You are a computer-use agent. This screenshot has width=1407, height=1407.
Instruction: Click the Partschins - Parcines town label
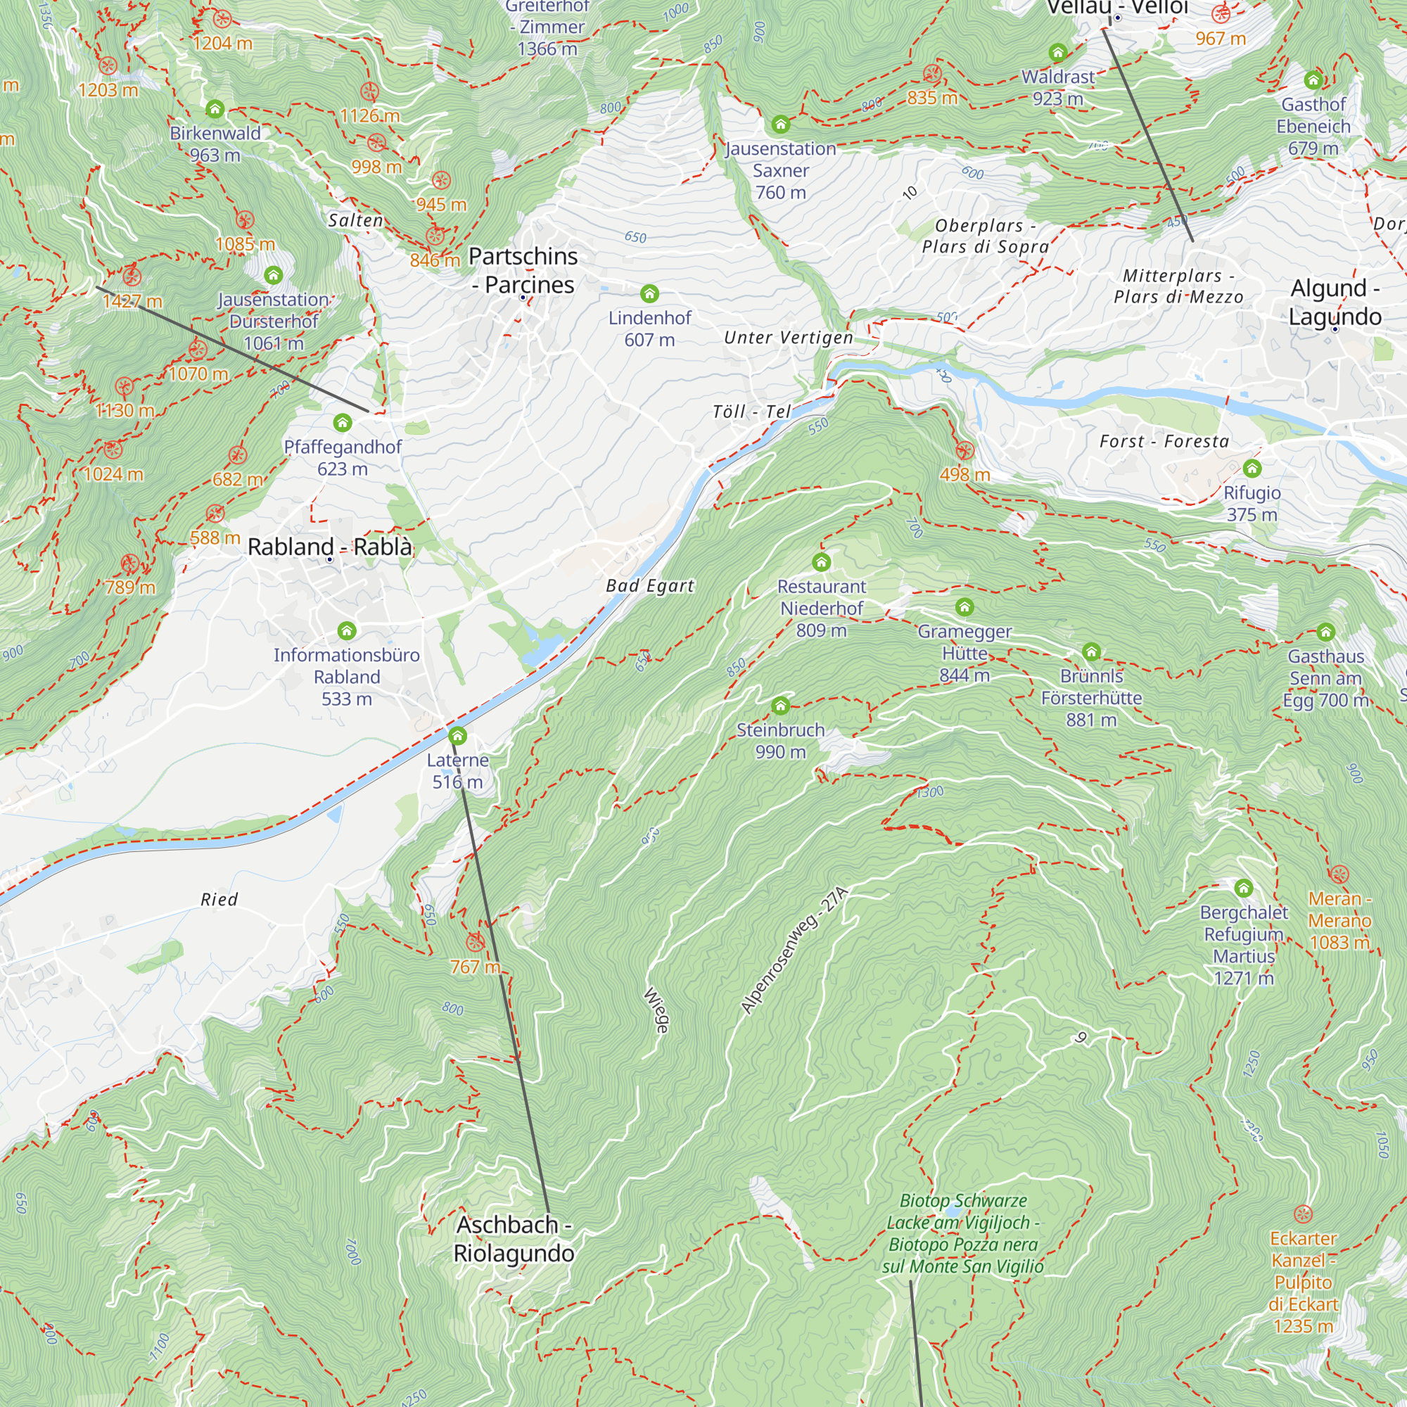[523, 270]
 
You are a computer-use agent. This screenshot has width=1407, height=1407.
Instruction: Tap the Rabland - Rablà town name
[329, 546]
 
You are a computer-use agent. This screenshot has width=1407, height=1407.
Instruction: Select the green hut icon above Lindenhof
[649, 293]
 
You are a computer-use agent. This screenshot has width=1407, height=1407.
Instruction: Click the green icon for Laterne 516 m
[457, 736]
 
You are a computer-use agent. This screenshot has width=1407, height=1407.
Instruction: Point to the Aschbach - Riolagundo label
[514, 1239]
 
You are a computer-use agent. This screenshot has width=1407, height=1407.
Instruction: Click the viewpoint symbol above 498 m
[964, 450]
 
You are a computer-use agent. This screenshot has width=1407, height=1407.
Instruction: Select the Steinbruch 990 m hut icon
[780, 705]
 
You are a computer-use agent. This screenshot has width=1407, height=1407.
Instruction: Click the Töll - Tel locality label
[751, 412]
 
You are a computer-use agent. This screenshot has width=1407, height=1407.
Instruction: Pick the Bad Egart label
[649, 586]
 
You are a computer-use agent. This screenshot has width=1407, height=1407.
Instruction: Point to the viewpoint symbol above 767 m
[475, 943]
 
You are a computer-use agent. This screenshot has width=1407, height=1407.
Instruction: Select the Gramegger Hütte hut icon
[964, 606]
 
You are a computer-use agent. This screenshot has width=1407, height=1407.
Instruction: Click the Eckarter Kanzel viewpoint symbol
[1303, 1214]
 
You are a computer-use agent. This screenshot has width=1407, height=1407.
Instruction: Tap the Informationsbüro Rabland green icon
[347, 630]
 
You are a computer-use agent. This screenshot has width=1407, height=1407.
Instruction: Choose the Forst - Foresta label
[1164, 441]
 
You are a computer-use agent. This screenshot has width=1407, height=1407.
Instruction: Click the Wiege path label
[656, 1010]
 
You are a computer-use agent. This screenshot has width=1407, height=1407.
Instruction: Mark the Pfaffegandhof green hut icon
[343, 422]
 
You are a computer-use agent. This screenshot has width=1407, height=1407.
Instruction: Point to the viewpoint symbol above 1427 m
[132, 276]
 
